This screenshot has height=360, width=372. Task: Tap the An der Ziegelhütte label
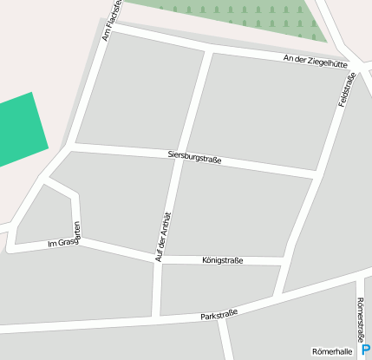pos(316,62)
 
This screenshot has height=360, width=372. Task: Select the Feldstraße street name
pos(345,91)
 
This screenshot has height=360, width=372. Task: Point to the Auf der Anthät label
pos(163,236)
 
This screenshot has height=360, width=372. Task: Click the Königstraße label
pos(222,260)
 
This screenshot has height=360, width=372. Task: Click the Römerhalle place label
pos(332,351)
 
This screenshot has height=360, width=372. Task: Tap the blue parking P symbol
pos(366,351)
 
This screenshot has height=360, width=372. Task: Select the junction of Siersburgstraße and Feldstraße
pos(315,178)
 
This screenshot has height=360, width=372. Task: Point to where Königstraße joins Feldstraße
pos(286,260)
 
